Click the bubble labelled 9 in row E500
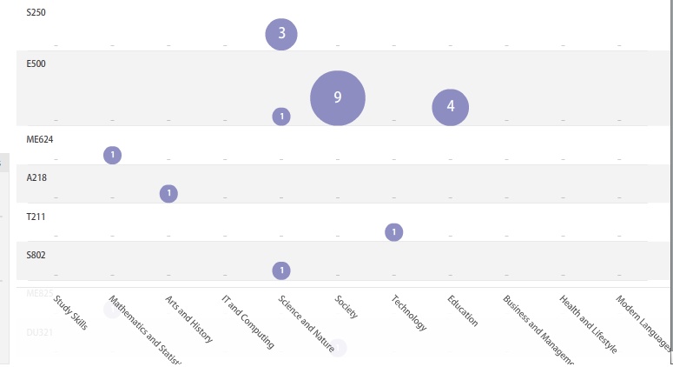[338, 97]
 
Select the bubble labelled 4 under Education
[451, 107]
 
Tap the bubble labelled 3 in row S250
[281, 35]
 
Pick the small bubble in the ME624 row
[112, 155]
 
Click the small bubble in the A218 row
[169, 193]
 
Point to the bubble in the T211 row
[394, 232]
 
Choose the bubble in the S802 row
[281, 270]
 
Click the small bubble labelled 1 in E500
[281, 117]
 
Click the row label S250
[36, 12]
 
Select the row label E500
[36, 63]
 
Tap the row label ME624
[40, 138]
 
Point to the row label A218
[36, 177]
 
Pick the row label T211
[36, 216]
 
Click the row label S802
[36, 255]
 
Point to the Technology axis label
[409, 313]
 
